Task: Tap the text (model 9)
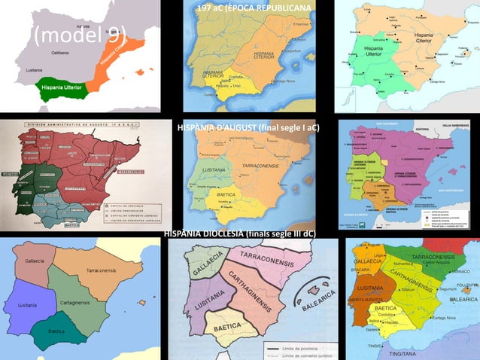click(x=80, y=34)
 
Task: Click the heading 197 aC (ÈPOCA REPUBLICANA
click(x=253, y=8)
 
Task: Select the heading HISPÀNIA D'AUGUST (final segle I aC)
click(x=248, y=127)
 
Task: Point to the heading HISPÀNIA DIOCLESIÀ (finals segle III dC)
click(x=240, y=234)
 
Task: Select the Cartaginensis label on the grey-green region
click(x=75, y=301)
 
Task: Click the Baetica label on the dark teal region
click(x=56, y=331)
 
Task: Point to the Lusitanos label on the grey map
click(x=35, y=69)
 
